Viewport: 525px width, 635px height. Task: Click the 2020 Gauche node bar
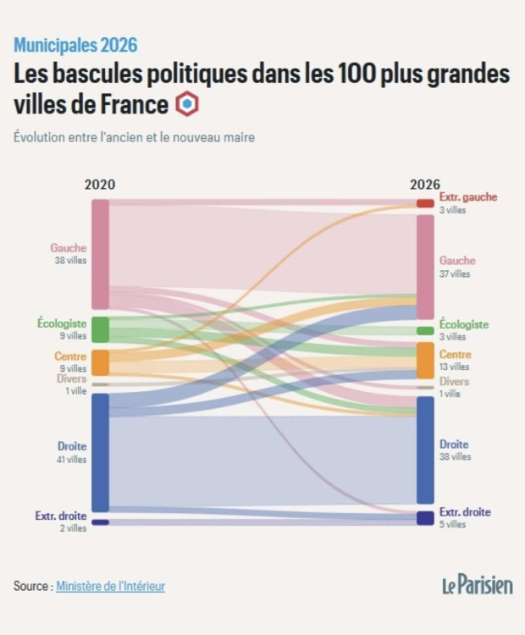100,254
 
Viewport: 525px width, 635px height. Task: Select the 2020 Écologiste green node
100,329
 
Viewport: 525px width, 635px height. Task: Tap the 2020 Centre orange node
100,362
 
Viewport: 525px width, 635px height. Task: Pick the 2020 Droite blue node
100,452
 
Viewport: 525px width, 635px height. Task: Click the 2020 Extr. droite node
100,522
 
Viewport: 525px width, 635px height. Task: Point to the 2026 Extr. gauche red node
424,203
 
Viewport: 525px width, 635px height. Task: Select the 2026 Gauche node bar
424,267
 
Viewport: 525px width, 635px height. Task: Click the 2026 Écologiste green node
424,330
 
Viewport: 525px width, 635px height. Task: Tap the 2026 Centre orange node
424,361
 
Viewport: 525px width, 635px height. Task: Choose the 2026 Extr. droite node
424,517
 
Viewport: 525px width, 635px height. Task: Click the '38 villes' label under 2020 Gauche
69,261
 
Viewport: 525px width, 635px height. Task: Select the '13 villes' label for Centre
454,367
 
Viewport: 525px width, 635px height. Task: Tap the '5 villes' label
452,524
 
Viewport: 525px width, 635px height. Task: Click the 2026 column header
424,185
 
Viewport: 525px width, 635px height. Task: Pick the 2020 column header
100,185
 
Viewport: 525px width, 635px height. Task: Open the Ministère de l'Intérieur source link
110,585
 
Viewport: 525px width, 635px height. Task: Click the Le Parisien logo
477,584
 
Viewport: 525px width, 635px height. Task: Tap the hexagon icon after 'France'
186,105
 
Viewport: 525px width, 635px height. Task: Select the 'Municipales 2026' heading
75,45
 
